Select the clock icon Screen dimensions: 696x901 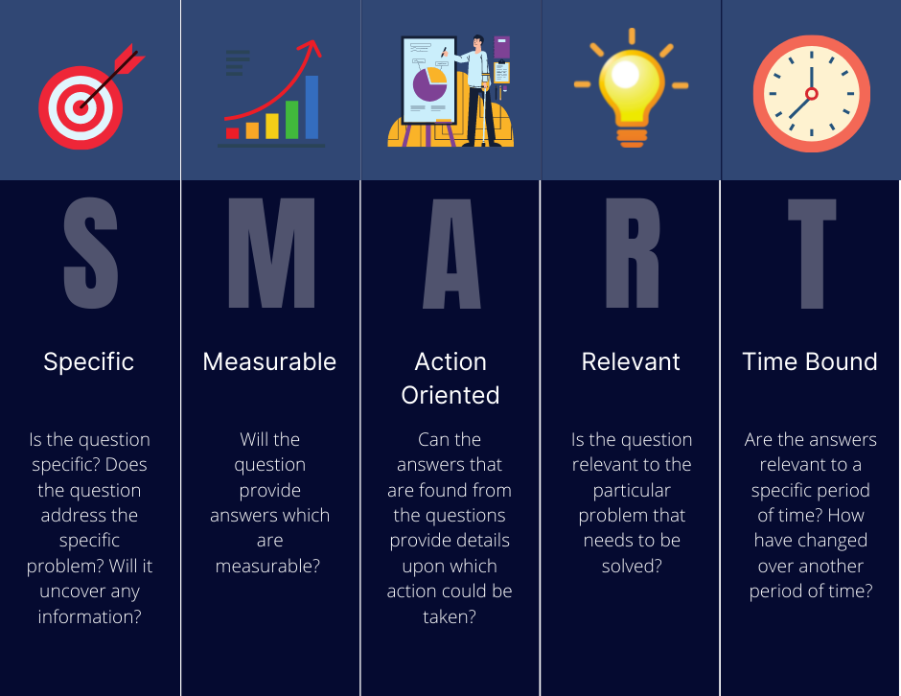(x=811, y=93)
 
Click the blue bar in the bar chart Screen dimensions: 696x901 (x=312, y=107)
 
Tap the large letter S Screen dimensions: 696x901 (x=90, y=253)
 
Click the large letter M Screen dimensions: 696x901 (x=270, y=253)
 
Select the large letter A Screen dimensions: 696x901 (x=450, y=253)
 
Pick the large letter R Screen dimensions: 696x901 (x=632, y=253)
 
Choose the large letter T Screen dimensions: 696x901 (x=811, y=253)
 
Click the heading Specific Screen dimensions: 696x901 (x=89, y=361)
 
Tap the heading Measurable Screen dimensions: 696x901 (x=269, y=361)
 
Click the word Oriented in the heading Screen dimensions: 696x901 (x=450, y=395)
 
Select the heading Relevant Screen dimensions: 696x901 (x=631, y=361)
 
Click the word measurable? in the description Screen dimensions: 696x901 (x=269, y=566)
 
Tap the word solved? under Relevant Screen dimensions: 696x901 (x=632, y=566)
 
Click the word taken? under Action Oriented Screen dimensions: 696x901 (x=450, y=616)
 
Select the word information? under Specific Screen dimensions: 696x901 (x=90, y=616)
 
